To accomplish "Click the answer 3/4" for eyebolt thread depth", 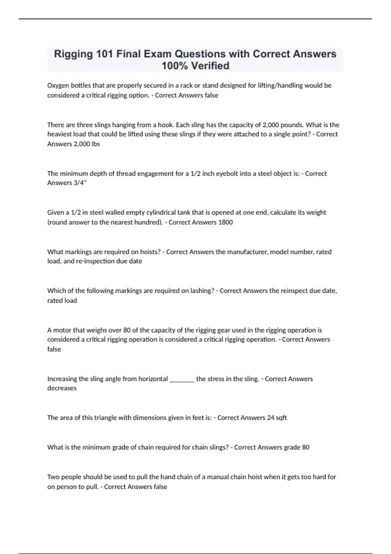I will (81, 183).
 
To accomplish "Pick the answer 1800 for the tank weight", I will (225, 222).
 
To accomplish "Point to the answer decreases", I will (62, 388).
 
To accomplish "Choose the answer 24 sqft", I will (277, 418).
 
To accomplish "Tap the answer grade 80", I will (297, 447).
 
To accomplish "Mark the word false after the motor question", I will (54, 349).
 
